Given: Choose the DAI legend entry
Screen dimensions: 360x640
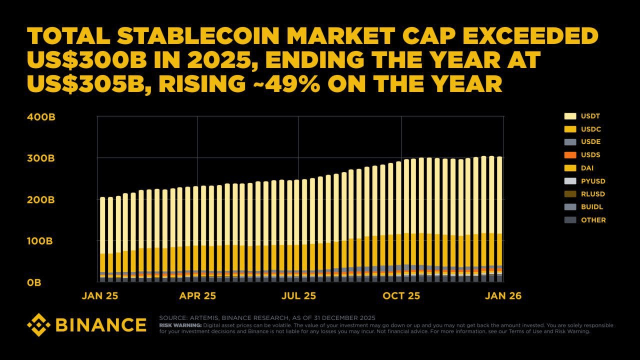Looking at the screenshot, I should point(582,168).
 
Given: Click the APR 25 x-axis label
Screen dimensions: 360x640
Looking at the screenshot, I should point(197,296).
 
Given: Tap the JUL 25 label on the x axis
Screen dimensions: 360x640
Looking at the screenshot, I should point(298,296).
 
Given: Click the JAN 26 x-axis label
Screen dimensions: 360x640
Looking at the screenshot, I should point(502,296).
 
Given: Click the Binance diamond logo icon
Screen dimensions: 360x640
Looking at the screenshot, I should point(38,324).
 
